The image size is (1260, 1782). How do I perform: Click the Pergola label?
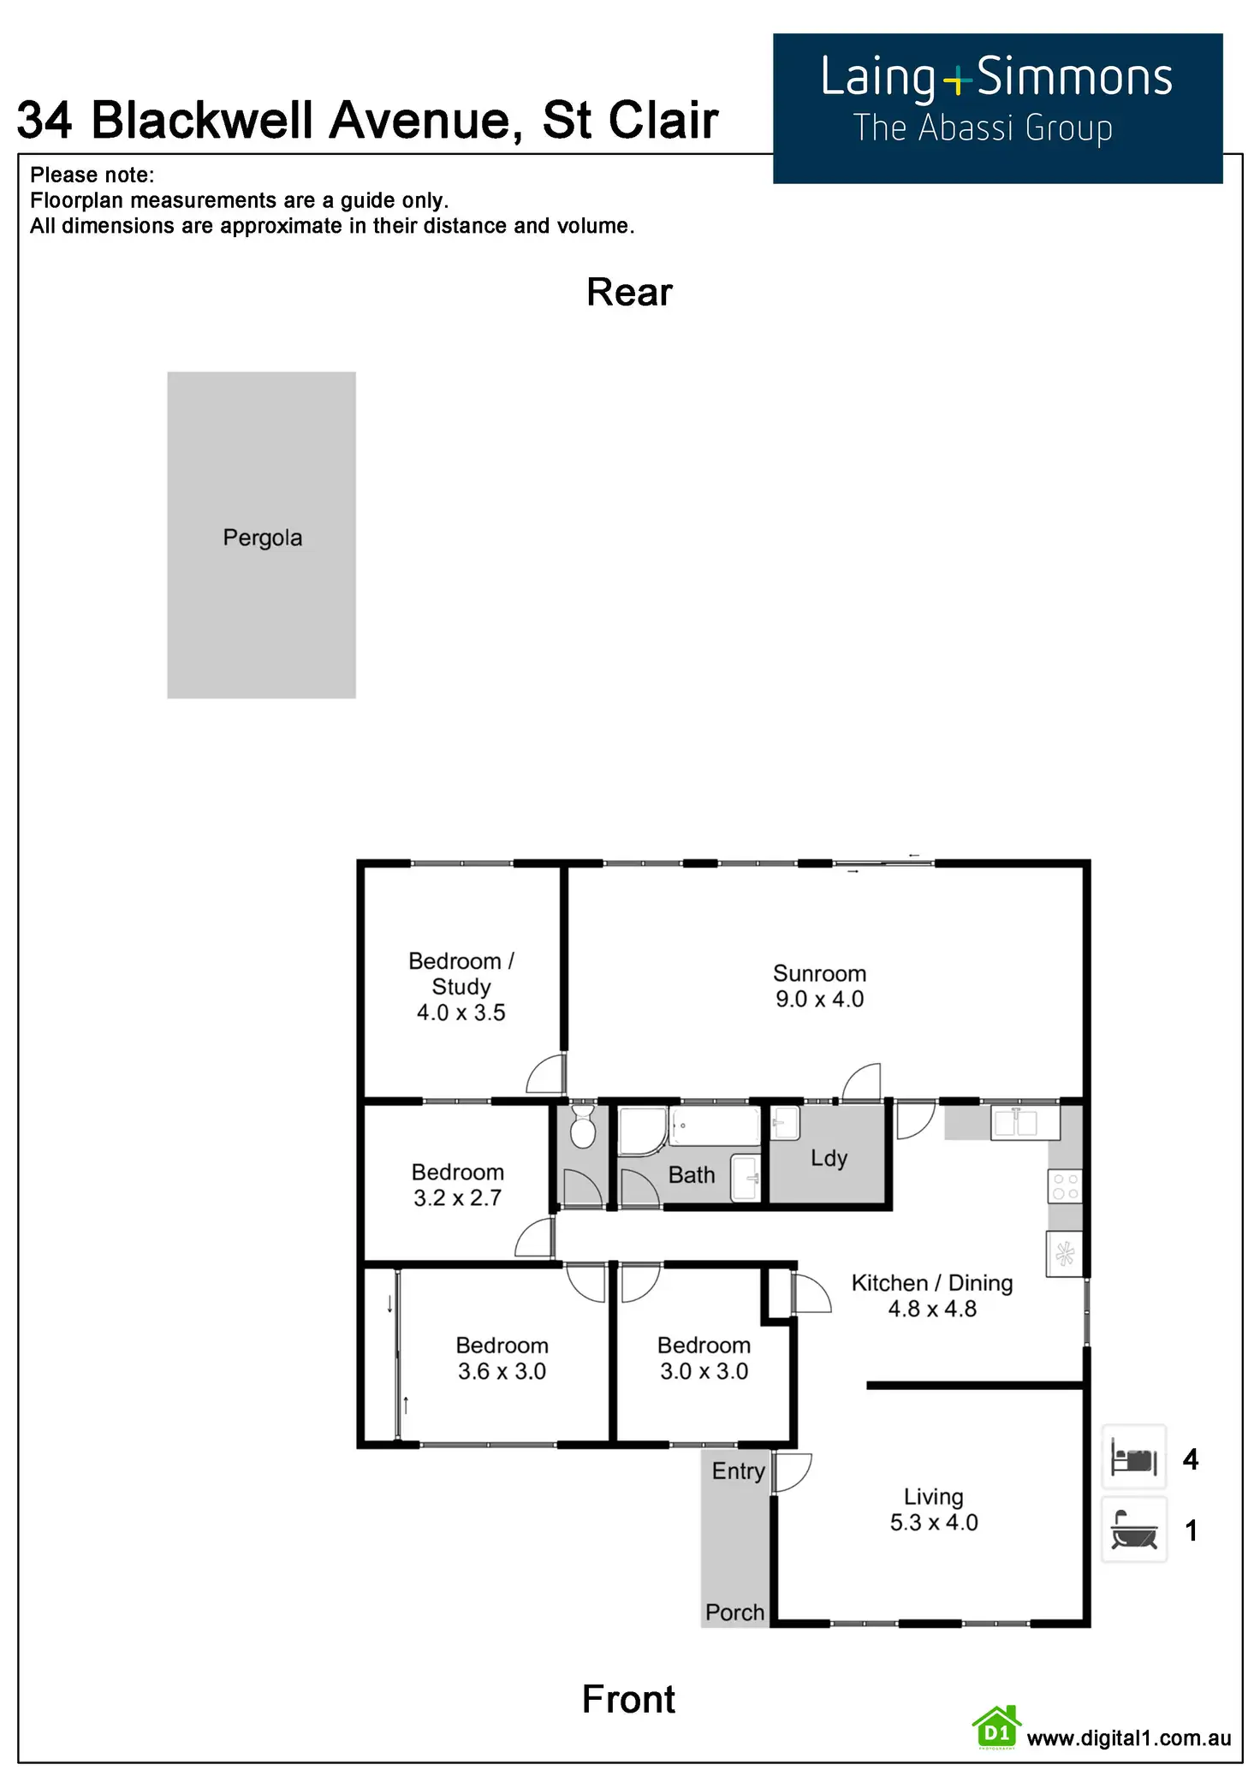point(262,538)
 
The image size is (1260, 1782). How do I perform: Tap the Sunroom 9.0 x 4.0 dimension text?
point(819,999)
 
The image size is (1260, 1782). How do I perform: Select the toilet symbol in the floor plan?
point(583,1126)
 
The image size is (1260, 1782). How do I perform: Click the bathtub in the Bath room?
point(715,1126)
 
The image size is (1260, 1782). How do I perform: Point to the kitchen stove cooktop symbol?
point(1065,1187)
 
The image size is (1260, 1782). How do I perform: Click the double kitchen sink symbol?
point(1015,1123)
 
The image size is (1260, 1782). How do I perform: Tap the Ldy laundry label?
point(829,1158)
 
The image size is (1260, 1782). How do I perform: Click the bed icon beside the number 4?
point(1133,1458)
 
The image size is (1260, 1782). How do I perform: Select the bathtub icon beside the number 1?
point(1133,1530)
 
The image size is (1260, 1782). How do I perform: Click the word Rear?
point(629,293)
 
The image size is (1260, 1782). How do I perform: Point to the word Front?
point(628,1700)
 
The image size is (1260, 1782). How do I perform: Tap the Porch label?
point(734,1613)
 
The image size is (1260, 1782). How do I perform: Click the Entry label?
point(738,1471)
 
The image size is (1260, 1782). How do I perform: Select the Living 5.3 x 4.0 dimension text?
point(934,1523)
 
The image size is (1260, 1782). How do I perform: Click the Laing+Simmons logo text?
point(996,78)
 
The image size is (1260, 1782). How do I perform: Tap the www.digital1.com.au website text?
point(1128,1737)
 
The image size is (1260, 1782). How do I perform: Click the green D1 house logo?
point(996,1728)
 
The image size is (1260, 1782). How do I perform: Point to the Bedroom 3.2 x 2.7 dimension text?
point(457,1198)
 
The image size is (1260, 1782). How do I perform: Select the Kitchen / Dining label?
point(931,1283)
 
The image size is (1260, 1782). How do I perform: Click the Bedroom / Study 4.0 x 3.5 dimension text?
point(461,1013)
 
